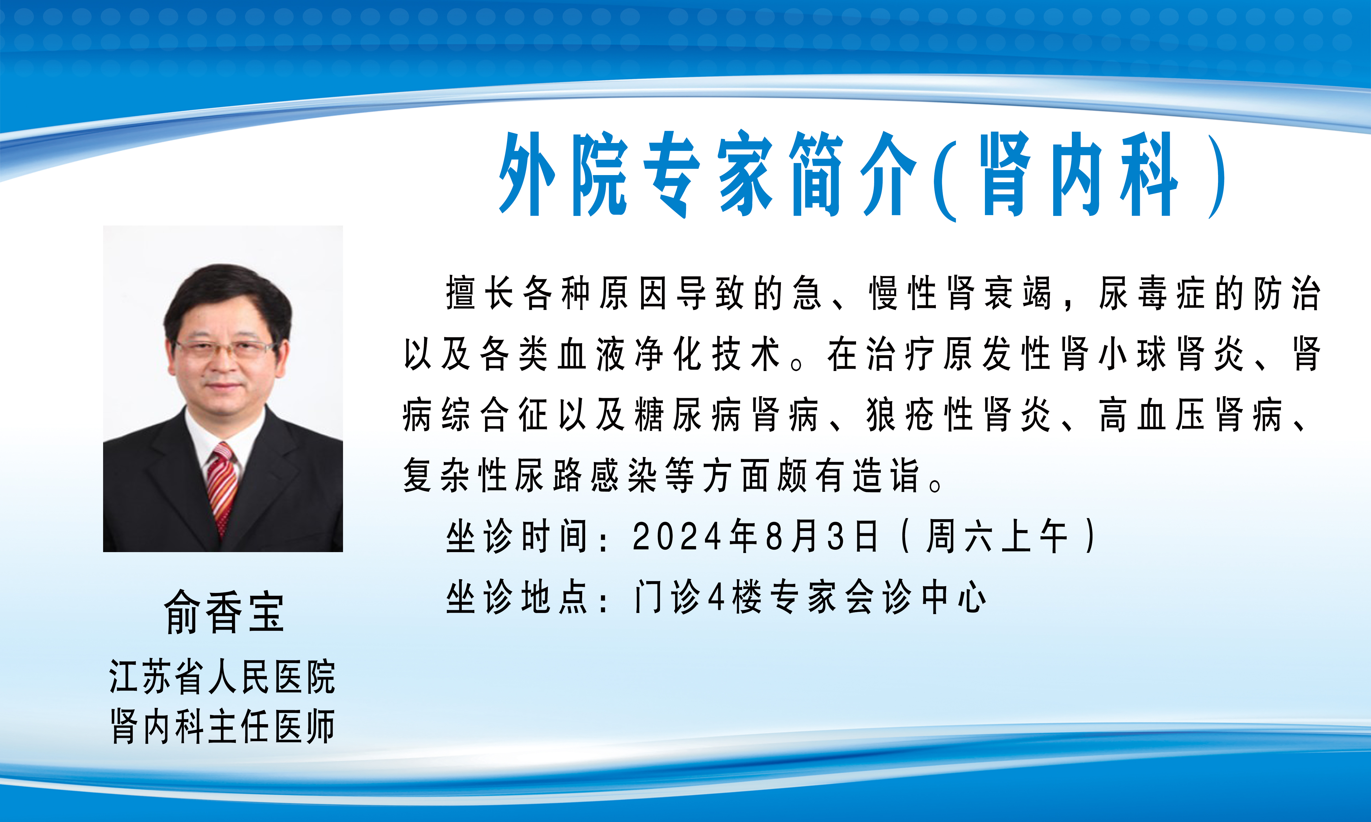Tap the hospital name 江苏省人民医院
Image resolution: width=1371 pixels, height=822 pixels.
222,676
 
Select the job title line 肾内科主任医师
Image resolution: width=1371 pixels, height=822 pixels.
222,726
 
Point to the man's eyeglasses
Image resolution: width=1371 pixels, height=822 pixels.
225,349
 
